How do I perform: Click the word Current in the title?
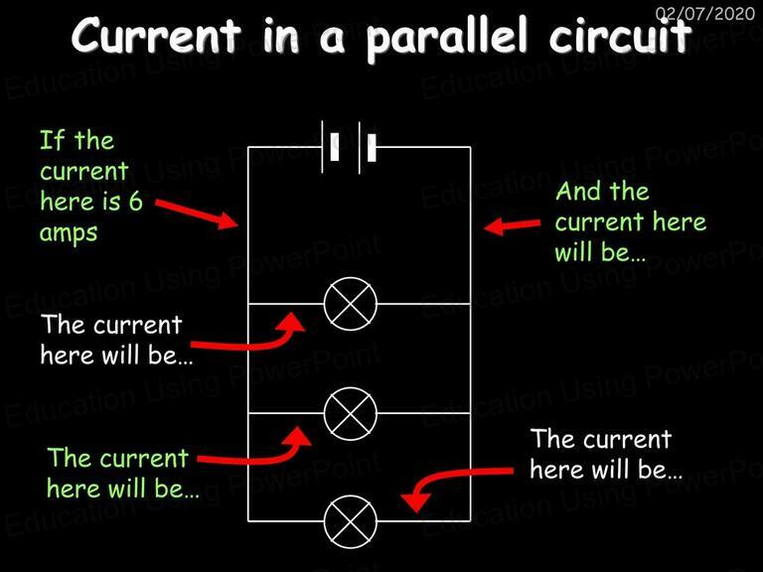156,36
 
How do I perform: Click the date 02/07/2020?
705,13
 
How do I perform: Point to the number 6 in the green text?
135,202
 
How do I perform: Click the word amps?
69,233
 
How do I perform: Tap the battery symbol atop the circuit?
349,147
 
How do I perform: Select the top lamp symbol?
351,304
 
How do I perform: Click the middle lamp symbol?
351,413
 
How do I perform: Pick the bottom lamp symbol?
351,521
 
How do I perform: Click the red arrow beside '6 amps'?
196,214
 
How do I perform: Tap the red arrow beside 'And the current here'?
512,226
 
